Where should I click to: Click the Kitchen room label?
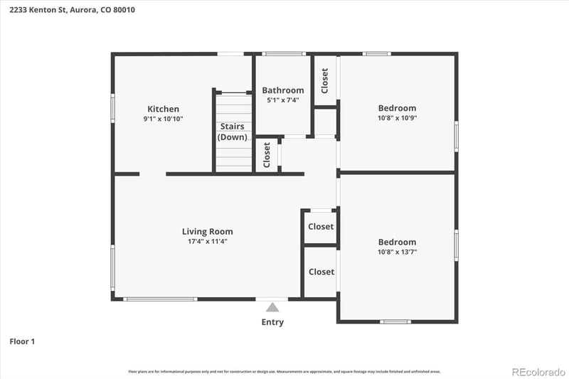163,109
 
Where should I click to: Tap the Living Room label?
207,231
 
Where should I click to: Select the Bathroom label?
282,90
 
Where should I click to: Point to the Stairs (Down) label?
232,132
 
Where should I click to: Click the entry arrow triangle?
272,307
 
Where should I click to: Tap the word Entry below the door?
272,322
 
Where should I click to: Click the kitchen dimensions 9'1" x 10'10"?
163,119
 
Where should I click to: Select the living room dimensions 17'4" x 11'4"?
207,241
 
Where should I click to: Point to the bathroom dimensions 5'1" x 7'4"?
282,100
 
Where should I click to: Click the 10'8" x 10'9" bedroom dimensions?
397,118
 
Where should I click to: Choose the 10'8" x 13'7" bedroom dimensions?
397,252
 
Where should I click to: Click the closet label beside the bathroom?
325,80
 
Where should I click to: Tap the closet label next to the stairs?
267,154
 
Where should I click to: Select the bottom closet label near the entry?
321,272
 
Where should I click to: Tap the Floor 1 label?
22,341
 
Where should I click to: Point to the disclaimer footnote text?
284,371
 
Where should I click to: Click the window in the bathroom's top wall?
284,53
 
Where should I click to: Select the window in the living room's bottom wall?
160,299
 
